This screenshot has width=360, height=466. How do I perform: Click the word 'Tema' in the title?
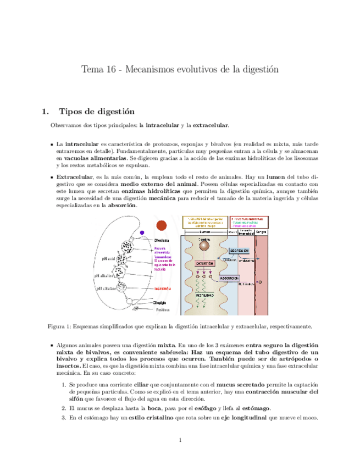(90, 70)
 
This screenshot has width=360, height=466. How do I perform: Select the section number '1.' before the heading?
(46, 112)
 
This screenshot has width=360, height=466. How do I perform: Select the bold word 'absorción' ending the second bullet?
(121, 205)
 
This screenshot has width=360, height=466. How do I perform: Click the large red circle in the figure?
(162, 225)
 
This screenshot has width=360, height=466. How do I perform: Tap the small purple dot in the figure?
(142, 232)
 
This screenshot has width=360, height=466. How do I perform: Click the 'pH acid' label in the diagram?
(109, 258)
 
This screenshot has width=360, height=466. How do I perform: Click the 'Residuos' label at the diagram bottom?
(161, 310)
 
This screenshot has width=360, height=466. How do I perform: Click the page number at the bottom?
(180, 441)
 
